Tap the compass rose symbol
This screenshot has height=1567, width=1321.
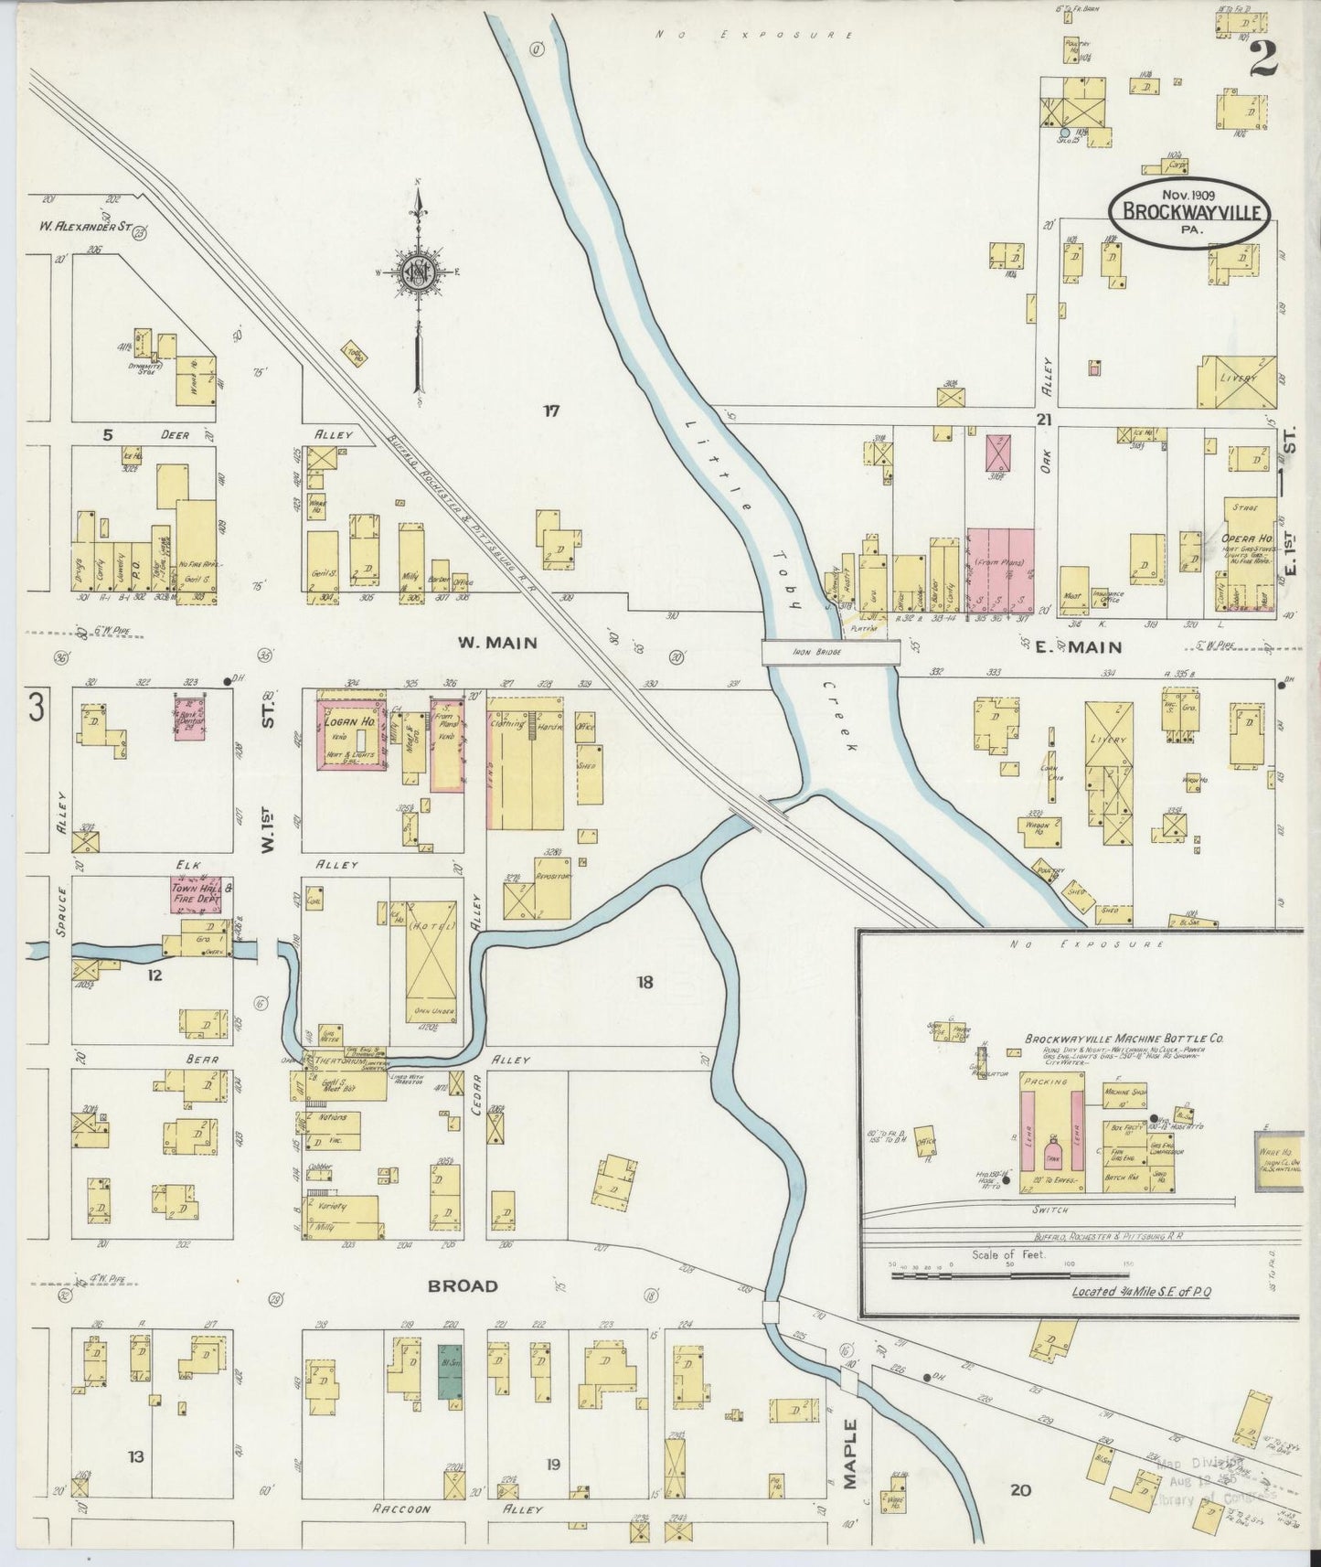(418, 272)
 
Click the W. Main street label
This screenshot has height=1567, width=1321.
(497, 643)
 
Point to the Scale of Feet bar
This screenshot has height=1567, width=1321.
(1010, 1272)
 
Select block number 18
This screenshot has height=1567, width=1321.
(645, 983)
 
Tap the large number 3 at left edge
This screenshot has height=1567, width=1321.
(36, 707)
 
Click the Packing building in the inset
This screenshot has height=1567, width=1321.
(1047, 1082)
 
